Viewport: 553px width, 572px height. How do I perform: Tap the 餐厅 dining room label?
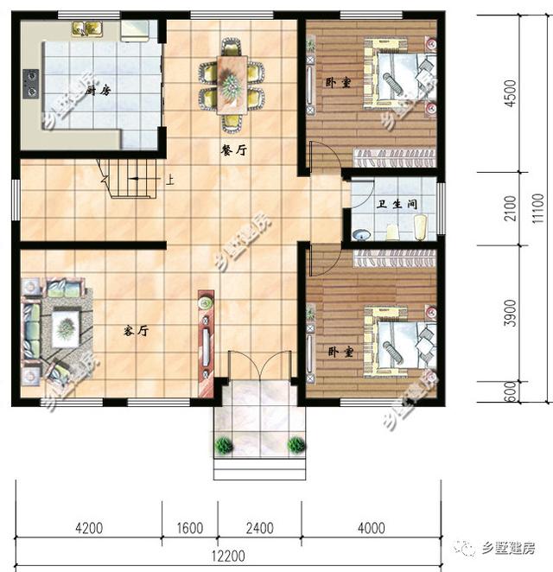[x=234, y=149]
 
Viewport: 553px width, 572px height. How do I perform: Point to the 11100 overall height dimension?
[x=537, y=207]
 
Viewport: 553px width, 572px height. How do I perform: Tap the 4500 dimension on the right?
[x=509, y=93]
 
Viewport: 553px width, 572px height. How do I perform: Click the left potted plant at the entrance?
[x=225, y=445]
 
